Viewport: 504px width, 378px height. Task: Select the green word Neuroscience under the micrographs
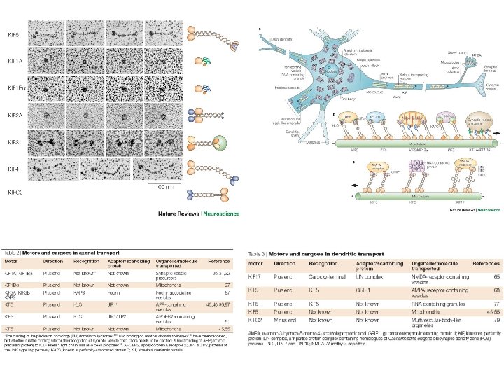coord(222,213)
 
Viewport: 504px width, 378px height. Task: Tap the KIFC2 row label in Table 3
coord(255,320)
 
